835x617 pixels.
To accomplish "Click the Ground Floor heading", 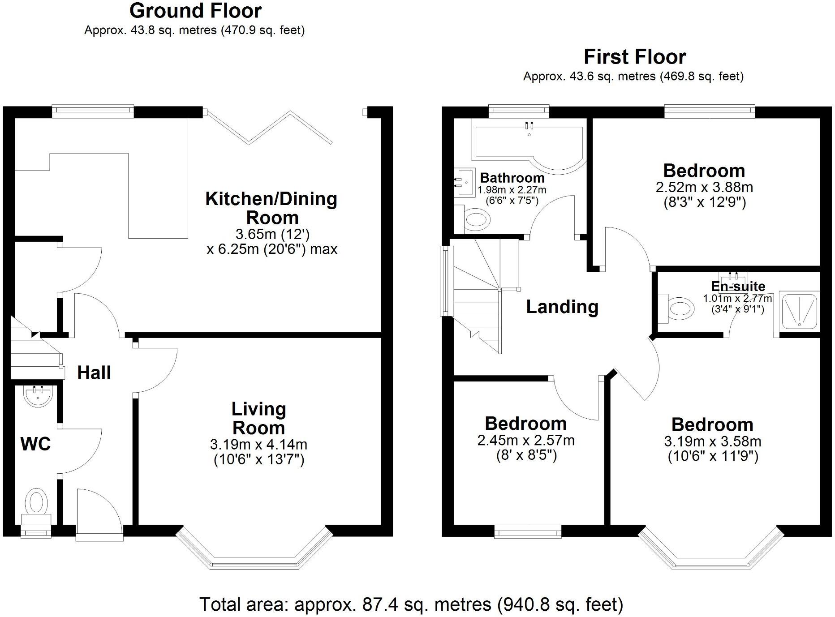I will pos(195,11).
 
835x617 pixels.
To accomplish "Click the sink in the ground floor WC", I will pos(38,396).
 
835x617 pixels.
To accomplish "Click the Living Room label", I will pos(258,418).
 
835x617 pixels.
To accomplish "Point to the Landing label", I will pos(562,307).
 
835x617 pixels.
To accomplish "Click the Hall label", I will pos(94,373).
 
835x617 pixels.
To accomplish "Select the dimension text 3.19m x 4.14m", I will pos(258,445).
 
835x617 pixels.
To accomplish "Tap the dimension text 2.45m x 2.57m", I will pos(525,441).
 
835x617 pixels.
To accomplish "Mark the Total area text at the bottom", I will pos(411,604).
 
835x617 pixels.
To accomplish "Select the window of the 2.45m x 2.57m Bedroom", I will pos(528,533).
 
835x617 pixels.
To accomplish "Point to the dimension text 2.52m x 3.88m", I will pos(704,187).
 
